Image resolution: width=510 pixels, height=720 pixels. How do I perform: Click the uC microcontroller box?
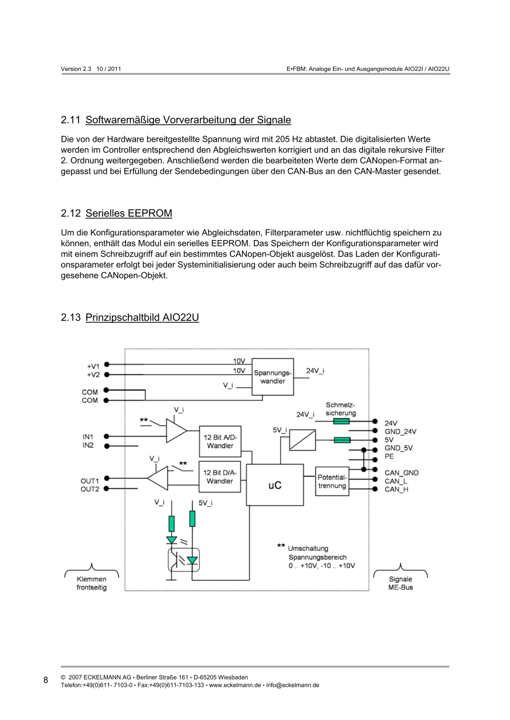274,485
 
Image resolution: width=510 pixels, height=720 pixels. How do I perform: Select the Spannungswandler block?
273,376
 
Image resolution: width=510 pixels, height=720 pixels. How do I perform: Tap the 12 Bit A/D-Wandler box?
220,441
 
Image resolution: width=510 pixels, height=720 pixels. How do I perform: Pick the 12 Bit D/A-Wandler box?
220,477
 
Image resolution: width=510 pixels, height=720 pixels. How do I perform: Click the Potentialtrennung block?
332,481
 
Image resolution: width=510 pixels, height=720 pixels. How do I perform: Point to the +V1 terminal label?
93,366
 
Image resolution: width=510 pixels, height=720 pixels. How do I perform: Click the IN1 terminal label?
88,437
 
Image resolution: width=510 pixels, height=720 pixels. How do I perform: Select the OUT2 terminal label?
90,489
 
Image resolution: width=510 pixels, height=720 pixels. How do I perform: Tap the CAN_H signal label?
397,489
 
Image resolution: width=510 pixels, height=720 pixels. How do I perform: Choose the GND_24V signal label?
400,431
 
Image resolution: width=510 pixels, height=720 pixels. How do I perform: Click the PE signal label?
389,456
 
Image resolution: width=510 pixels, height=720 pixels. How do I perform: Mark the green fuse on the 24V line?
342,421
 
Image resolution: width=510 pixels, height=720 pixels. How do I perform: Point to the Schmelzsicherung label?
341,409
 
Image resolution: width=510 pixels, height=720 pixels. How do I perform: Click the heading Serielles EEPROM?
128,212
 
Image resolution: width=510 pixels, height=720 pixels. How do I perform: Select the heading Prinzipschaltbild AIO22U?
142,318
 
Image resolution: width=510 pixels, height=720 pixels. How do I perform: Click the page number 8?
46,680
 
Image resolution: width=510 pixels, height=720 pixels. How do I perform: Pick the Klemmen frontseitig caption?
91,583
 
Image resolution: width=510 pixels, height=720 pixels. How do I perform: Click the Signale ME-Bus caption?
400,583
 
